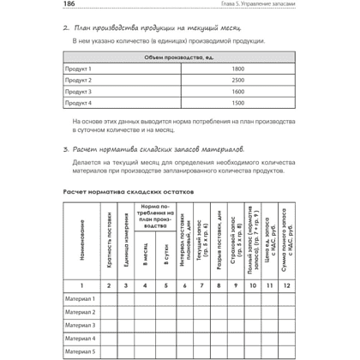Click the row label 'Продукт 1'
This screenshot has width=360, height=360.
pos(80,68)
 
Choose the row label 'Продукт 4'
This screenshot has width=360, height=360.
pos(80,102)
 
